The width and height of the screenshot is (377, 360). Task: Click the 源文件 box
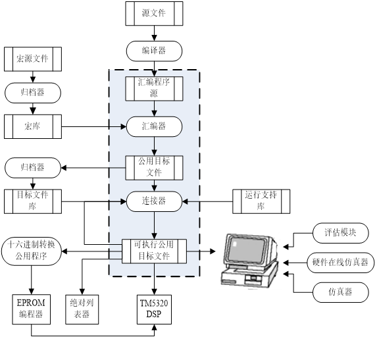click(154, 13)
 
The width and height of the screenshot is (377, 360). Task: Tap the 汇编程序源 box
click(154, 88)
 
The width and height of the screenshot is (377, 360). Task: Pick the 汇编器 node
click(154, 125)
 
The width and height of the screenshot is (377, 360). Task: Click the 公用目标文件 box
click(154, 167)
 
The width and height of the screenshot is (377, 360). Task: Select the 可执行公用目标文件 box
click(154, 251)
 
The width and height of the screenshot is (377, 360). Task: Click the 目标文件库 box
click(33, 201)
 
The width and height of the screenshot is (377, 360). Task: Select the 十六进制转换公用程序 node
click(33, 251)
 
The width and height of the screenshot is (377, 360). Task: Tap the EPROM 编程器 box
click(33, 309)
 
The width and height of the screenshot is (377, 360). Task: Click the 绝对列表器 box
click(82, 309)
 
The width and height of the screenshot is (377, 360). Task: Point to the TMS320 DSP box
click(154, 309)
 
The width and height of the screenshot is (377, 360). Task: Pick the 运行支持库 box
click(261, 201)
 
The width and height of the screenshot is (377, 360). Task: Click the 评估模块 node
click(340, 232)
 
